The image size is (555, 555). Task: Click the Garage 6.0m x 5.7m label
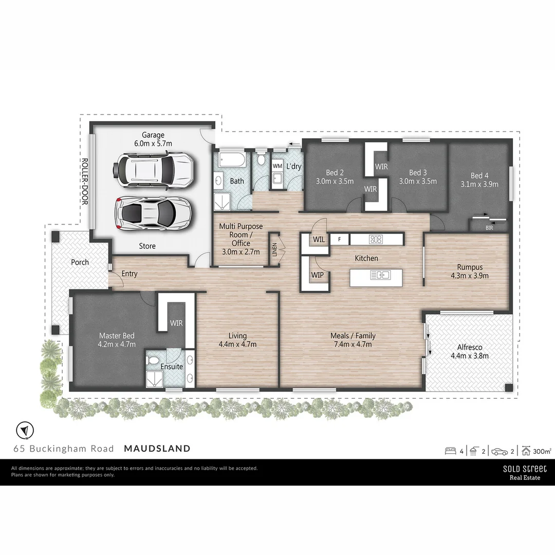pyautogui.click(x=153, y=139)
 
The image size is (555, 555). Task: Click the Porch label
pyautogui.click(x=80, y=262)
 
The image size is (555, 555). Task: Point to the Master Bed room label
pyautogui.click(x=117, y=340)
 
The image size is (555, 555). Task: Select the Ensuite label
pyautogui.click(x=172, y=366)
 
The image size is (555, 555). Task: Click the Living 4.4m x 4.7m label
pyautogui.click(x=237, y=340)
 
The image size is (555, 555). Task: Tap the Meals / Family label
pyautogui.click(x=353, y=340)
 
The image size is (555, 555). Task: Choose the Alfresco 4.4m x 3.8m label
pyautogui.click(x=469, y=351)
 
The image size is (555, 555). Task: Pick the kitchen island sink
pyautogui.click(x=383, y=275)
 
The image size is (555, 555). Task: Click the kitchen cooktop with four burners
pyautogui.click(x=376, y=239)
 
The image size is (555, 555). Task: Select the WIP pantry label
pyautogui.click(x=317, y=275)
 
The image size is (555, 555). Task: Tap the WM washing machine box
pyautogui.click(x=277, y=166)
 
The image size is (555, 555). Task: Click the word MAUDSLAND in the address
pyautogui.click(x=157, y=449)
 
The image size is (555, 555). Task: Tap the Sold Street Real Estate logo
pyautogui.click(x=524, y=472)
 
